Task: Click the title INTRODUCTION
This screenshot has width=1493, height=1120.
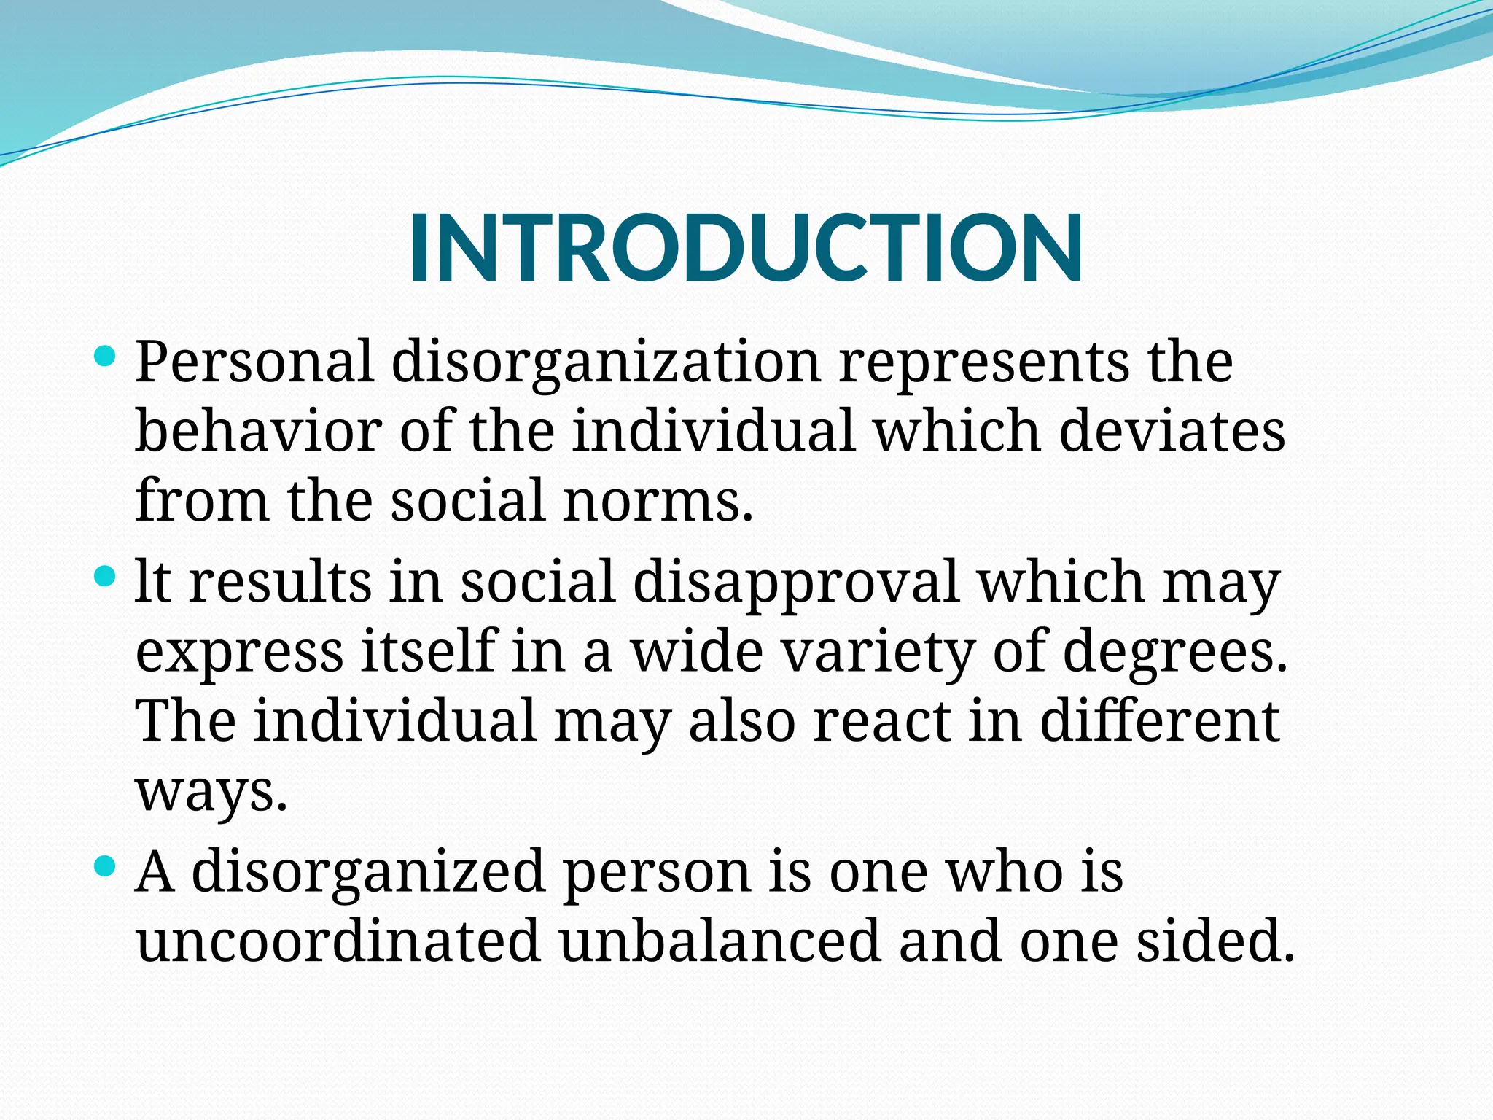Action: coord(746,248)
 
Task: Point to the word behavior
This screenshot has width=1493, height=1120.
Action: coord(259,431)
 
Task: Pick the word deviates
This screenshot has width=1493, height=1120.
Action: coord(1172,431)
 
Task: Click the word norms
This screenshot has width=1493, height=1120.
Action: coord(658,501)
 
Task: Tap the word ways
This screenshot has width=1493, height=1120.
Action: coord(211,792)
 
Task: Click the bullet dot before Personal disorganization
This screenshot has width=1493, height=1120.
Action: coord(106,357)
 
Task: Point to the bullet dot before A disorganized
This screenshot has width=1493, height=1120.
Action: coord(106,866)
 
